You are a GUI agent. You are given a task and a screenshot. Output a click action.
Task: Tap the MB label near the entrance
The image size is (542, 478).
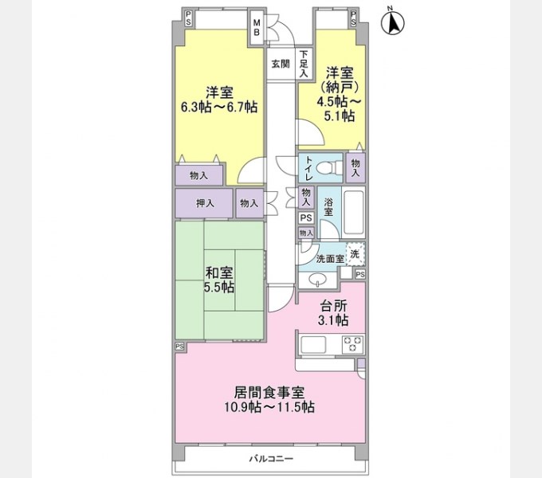pyautogui.click(x=257, y=27)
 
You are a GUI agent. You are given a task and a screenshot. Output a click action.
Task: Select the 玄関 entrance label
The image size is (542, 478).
pyautogui.click(x=279, y=64)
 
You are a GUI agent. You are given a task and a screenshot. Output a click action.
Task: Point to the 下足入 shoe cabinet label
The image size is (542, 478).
pyautogui.click(x=304, y=64)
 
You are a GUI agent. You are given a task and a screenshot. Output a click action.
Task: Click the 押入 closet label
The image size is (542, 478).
pyautogui.click(x=205, y=203)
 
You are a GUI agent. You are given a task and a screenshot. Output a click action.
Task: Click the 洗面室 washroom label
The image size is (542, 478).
pyautogui.click(x=328, y=259)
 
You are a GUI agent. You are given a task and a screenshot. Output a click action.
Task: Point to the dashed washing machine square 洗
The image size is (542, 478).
pyautogui.click(x=355, y=253)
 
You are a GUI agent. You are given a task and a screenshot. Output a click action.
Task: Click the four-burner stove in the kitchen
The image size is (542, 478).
pyautogui.click(x=352, y=345)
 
